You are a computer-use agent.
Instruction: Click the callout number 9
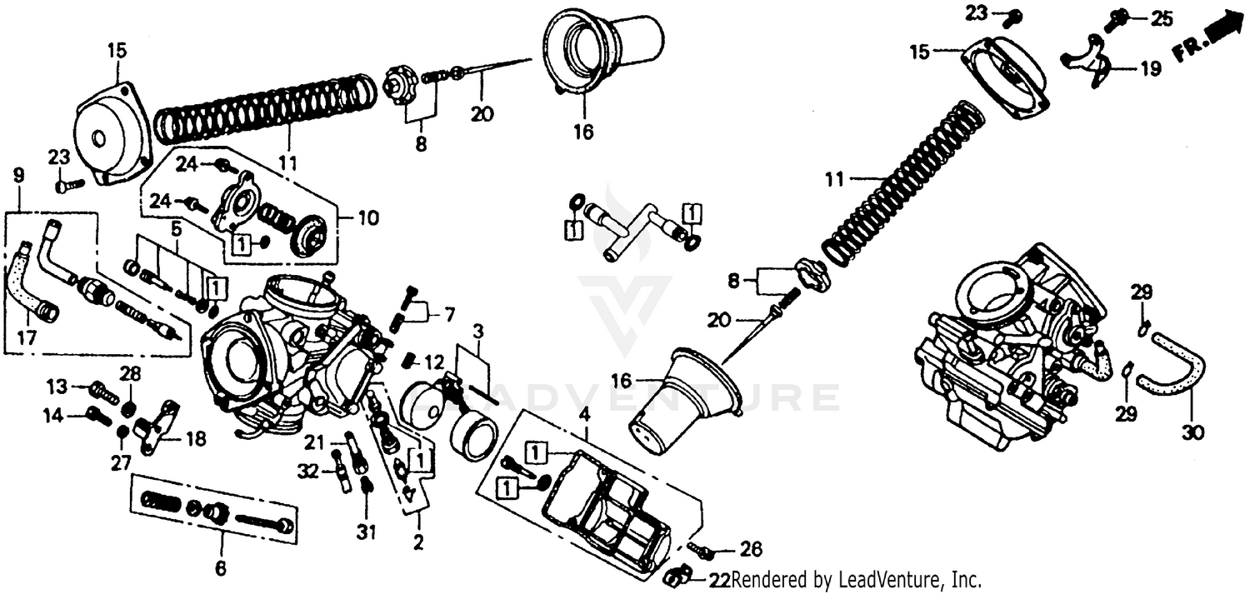click(19, 176)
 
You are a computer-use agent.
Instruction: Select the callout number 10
click(367, 219)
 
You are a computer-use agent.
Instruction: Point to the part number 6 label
click(221, 569)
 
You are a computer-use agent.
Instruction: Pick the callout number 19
click(1150, 69)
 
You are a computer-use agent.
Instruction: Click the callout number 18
click(195, 439)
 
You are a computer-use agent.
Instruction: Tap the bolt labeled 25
click(1115, 20)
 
